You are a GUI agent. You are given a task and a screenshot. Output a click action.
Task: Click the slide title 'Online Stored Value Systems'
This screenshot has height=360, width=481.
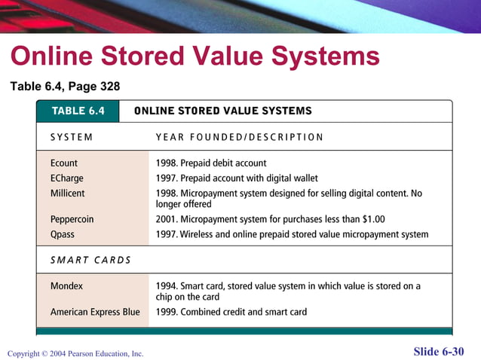pyautogui.click(x=195, y=56)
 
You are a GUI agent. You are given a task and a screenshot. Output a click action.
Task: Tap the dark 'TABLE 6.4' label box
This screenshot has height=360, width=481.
pyautogui.click(x=78, y=111)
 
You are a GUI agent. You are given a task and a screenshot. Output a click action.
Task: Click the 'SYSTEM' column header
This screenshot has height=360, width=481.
pyautogui.click(x=72, y=137)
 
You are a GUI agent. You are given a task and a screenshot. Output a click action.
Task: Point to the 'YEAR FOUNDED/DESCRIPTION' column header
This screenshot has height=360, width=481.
pyautogui.click(x=239, y=137)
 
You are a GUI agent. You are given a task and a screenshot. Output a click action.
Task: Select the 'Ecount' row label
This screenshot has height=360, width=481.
pyautogui.click(x=64, y=163)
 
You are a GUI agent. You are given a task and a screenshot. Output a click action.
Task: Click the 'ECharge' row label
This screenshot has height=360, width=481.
pyautogui.click(x=67, y=178)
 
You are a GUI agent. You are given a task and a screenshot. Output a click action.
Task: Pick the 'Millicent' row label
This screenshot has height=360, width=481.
pyautogui.click(x=68, y=194)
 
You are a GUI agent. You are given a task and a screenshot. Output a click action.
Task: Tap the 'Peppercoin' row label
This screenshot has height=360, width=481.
pyautogui.click(x=72, y=219)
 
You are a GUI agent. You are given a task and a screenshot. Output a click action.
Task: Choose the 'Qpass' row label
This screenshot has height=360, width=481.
pyautogui.click(x=63, y=234)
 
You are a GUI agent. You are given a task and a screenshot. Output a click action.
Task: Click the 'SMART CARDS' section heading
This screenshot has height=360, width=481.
pyautogui.click(x=90, y=260)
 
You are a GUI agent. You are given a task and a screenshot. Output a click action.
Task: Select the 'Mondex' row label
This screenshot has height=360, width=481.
pyautogui.click(x=66, y=286)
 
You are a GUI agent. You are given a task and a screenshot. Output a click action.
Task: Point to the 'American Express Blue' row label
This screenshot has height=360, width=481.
pyautogui.click(x=95, y=312)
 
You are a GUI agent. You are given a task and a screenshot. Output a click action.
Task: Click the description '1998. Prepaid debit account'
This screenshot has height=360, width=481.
pyautogui.click(x=211, y=163)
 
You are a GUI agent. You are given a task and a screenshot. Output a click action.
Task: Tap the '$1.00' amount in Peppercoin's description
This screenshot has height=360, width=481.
pyautogui.click(x=370, y=219)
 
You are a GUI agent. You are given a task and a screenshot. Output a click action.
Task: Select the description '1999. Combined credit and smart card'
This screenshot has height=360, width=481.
pyautogui.click(x=231, y=312)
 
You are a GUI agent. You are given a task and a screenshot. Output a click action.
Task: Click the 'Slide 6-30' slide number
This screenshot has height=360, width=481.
pyautogui.click(x=439, y=352)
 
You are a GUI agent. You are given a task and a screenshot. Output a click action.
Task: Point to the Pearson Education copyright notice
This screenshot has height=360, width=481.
pyautogui.click(x=75, y=353)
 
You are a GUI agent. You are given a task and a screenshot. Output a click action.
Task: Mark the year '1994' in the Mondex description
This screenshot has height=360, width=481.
pyautogui.click(x=167, y=286)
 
